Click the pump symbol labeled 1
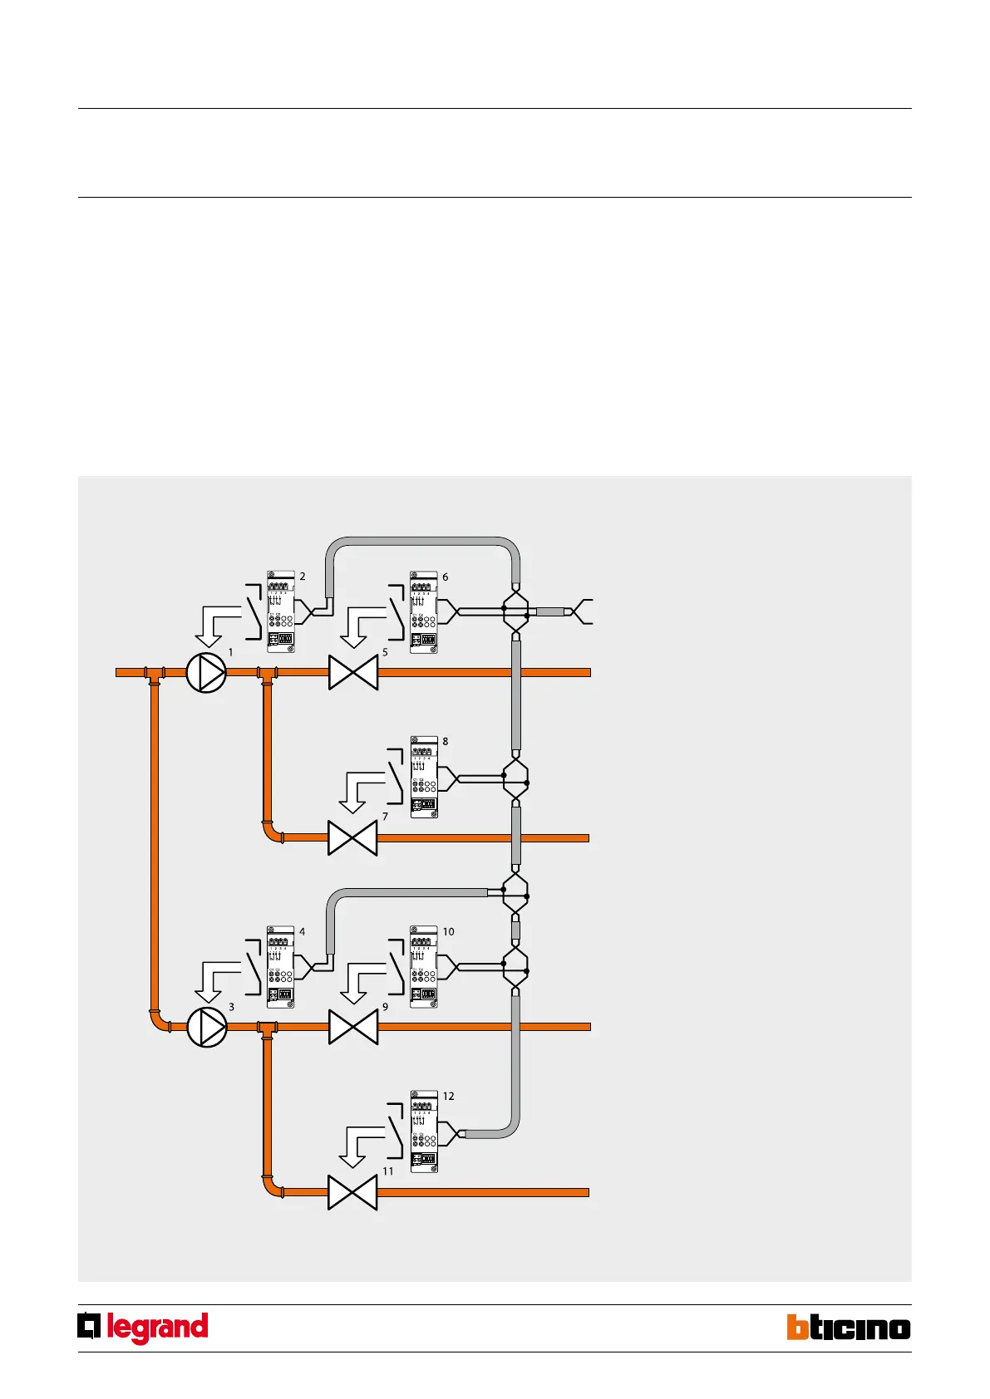pos(206,672)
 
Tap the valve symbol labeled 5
pos(353,672)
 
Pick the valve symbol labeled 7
pos(352,837)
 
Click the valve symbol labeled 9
pos(353,1027)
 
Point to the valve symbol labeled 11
pos(352,1192)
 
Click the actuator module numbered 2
pos(281,612)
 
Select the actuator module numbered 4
pos(281,967)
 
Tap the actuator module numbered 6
pos(424,612)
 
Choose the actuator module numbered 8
pos(424,777)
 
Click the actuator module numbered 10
pos(424,967)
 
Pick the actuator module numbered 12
pos(424,1131)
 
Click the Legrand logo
pos(143,1328)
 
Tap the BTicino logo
pos(849,1328)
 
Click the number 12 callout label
pos(448,1097)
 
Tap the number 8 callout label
pos(446,742)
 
